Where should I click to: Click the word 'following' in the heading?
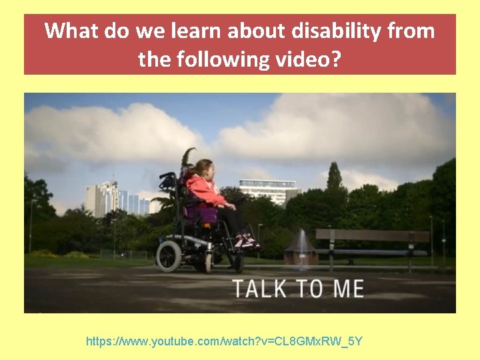tap(218, 60)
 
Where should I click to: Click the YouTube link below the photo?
tap(224, 341)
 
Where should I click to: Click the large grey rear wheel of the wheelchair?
tap(169, 255)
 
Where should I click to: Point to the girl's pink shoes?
tap(245, 241)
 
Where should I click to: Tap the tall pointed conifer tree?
tap(334, 180)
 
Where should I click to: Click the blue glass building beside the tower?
tap(133, 203)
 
